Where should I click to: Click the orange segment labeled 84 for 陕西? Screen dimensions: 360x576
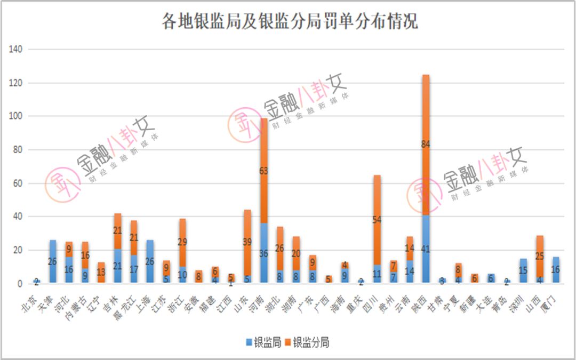click(426, 145)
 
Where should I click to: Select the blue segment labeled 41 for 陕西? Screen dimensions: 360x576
click(426, 249)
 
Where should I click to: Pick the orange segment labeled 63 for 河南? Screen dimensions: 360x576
click(263, 171)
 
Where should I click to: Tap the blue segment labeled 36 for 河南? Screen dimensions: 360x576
click(263, 253)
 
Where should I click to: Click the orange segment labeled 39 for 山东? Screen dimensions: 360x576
click(247, 242)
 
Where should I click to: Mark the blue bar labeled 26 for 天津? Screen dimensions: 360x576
click(53, 262)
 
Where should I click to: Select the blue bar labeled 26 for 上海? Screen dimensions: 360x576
click(150, 262)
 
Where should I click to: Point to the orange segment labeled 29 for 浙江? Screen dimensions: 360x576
click(182, 243)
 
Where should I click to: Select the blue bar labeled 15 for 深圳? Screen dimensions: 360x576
click(523, 271)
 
